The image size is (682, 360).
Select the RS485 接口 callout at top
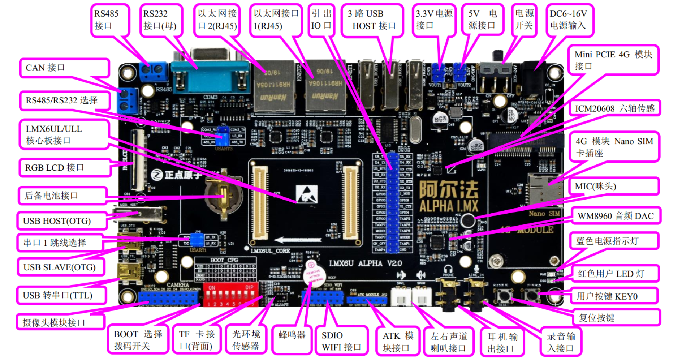(110, 20)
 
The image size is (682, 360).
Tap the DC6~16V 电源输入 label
(569, 20)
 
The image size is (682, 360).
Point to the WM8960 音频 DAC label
(616, 216)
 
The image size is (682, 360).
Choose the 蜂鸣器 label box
(292, 335)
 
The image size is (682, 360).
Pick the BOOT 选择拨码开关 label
(138, 340)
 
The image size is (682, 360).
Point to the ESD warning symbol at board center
(307, 194)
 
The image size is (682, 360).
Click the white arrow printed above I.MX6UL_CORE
(298, 240)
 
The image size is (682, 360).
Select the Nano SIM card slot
(545, 192)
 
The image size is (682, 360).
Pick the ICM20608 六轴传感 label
(614, 108)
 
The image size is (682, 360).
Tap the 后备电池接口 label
(62, 196)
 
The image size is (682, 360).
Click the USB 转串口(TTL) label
(61, 295)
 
